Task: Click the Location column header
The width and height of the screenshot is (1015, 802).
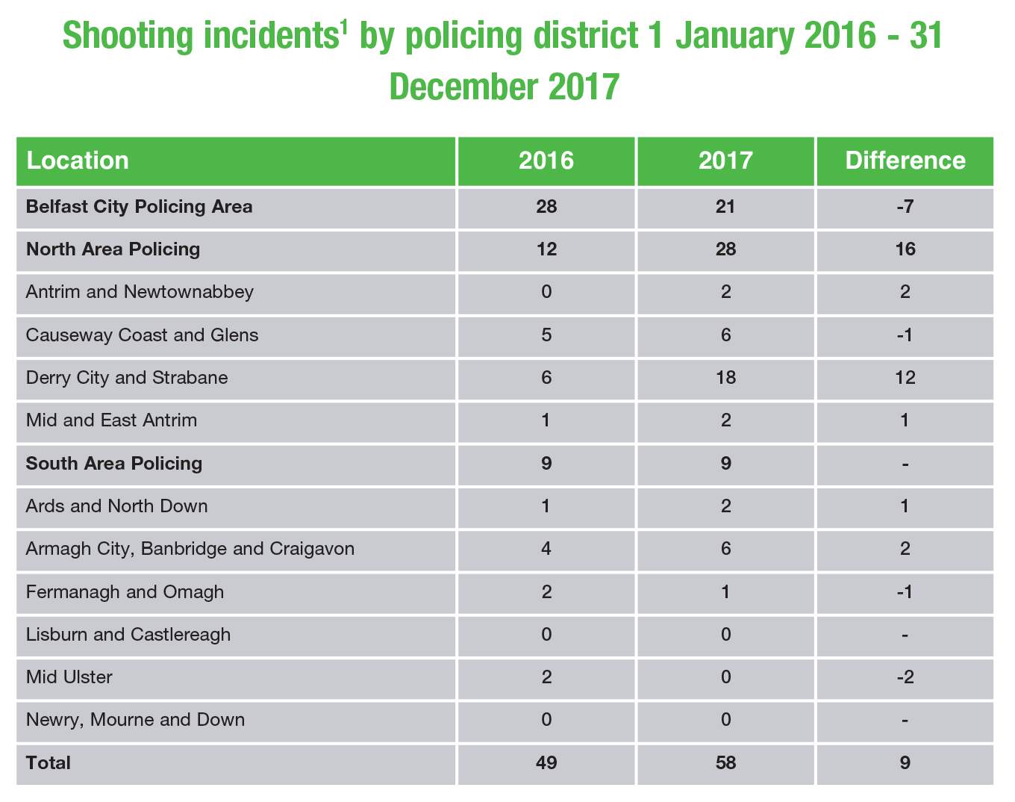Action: (78, 161)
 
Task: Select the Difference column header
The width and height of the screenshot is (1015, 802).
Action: (905, 161)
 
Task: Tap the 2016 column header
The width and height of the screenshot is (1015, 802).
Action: (546, 161)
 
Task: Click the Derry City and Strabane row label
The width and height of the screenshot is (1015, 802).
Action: (127, 378)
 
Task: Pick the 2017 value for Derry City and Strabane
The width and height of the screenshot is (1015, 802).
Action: (725, 378)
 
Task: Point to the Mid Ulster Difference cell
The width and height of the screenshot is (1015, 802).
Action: (905, 678)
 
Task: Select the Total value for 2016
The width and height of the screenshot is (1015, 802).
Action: (546, 763)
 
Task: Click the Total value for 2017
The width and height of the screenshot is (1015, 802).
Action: (725, 763)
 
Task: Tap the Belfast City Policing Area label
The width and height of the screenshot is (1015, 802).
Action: (139, 207)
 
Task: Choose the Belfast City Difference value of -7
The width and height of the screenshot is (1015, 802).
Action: (905, 207)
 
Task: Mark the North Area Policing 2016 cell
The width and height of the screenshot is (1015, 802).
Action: (546, 249)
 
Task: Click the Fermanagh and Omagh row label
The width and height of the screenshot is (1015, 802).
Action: (125, 592)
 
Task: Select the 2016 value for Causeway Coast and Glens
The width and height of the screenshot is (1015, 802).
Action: (546, 335)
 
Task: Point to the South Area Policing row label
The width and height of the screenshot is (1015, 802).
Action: (114, 464)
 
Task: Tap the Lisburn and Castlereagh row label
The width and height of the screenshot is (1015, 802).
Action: (128, 635)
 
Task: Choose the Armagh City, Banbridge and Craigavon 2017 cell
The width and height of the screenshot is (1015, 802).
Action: (725, 550)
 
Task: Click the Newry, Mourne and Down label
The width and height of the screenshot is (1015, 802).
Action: (135, 721)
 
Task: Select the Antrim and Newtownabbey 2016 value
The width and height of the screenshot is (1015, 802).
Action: (546, 292)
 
